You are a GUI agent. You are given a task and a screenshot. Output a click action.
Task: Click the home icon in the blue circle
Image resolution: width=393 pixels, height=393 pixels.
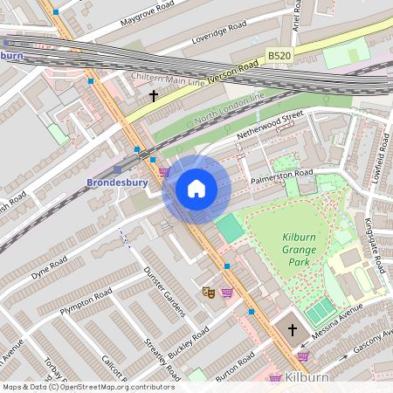[196, 188]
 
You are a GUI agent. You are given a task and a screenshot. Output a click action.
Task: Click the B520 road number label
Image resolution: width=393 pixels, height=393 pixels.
[279, 56]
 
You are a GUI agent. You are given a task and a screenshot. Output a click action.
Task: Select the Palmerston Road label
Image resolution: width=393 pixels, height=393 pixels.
[282, 174]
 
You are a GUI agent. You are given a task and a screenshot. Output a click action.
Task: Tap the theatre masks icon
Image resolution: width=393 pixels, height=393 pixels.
[208, 292]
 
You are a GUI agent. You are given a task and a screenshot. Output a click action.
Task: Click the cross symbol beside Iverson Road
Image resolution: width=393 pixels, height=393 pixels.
[155, 94]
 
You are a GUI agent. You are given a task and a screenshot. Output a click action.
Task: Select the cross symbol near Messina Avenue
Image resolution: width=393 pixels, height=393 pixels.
[292, 332]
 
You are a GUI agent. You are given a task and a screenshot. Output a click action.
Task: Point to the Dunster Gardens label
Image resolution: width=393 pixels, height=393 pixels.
[162, 288]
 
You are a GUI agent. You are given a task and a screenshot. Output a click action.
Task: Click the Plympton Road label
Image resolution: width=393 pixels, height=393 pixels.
[86, 303]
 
